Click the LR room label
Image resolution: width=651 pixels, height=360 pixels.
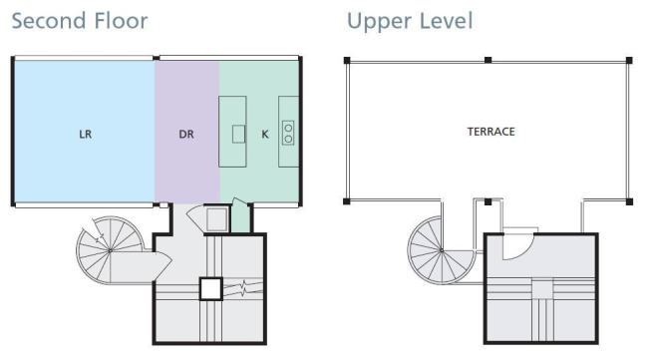[x=85, y=134]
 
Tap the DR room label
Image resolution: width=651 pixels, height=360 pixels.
[x=186, y=134]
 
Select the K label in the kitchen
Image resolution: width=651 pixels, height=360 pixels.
[x=265, y=134]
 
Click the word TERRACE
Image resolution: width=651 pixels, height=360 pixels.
[x=490, y=132]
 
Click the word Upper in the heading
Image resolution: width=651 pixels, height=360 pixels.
[x=380, y=22]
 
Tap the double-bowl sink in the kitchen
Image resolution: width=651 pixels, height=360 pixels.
[x=288, y=133]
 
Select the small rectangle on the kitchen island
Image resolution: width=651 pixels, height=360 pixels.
[x=238, y=134]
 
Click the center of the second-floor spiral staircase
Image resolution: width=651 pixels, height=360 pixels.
[x=110, y=250]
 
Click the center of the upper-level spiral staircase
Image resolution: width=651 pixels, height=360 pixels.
[x=442, y=250]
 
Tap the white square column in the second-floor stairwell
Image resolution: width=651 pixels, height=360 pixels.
[x=211, y=288]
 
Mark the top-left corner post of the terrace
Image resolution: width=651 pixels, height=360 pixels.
[x=347, y=61]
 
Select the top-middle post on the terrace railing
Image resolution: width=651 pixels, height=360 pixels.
[x=488, y=60]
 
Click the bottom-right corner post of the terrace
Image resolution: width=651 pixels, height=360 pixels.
[x=629, y=201]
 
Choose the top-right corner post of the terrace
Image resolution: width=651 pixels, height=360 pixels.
[x=629, y=61]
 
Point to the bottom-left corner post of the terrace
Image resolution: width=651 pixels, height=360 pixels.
[x=347, y=201]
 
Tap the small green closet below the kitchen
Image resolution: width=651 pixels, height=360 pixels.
[x=240, y=217]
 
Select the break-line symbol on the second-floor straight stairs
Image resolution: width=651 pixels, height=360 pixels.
[x=243, y=287]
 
